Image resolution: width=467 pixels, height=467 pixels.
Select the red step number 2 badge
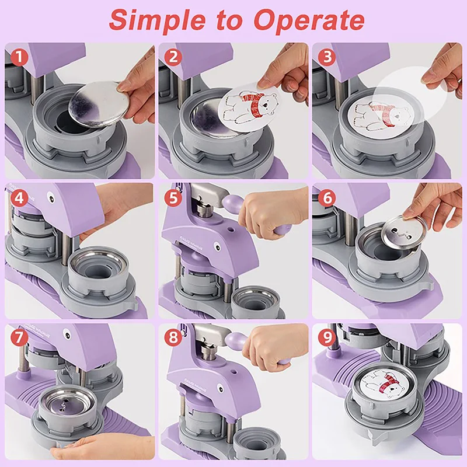[x=173, y=57]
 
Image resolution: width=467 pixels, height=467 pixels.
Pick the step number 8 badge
[x=173, y=337]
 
